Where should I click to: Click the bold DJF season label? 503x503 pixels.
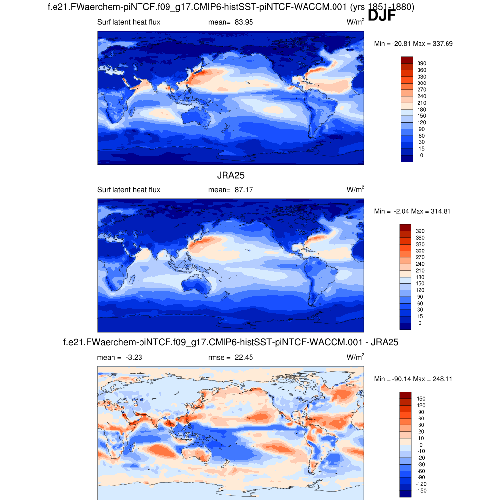point(382,16)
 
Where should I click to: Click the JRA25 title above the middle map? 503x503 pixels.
point(231,175)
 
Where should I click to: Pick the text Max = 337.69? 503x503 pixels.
point(433,44)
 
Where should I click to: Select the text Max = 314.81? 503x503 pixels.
point(432,211)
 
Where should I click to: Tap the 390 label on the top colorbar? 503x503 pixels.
point(422,63)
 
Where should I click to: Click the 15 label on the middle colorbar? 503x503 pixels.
point(420,316)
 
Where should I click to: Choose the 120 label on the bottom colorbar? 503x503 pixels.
point(421,405)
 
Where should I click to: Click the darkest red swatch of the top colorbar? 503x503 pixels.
point(406,60)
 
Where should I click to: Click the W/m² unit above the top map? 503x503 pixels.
point(356,22)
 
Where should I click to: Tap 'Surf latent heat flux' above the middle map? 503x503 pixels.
point(129,190)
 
